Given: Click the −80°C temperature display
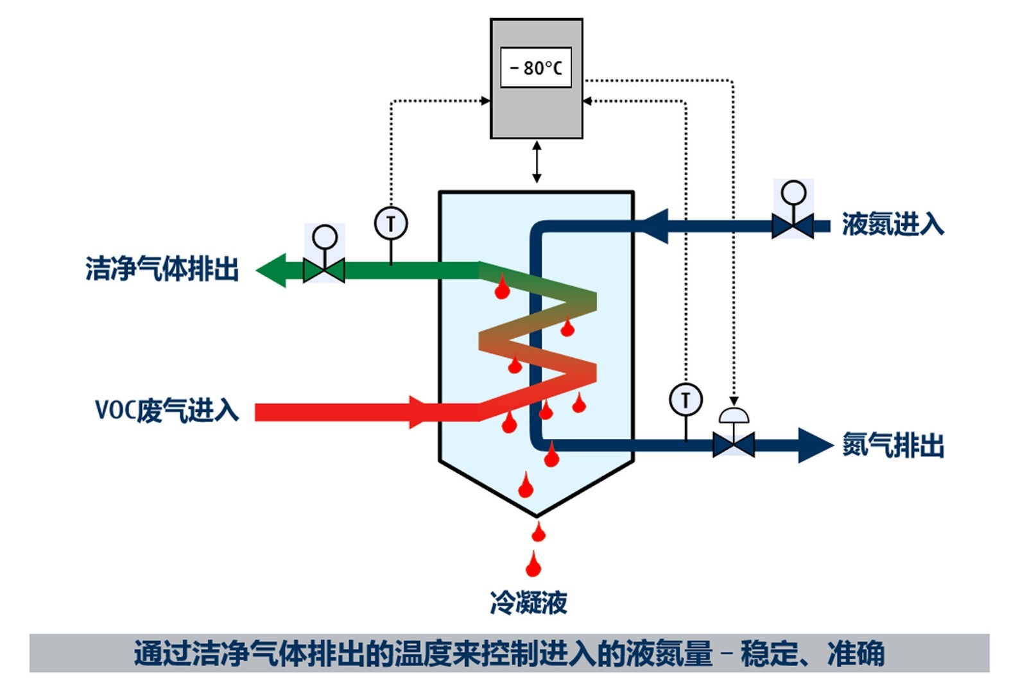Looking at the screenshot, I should click(x=535, y=67).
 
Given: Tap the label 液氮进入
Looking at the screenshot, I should click(x=892, y=225).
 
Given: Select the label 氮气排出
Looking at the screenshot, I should click(x=892, y=445).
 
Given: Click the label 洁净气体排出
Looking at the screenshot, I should click(x=162, y=269).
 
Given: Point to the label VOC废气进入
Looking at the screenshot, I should click(x=166, y=410).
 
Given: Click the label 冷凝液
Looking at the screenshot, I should click(x=528, y=603).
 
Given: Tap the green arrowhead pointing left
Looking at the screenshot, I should click(x=272, y=270).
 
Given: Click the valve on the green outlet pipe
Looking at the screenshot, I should click(x=324, y=270).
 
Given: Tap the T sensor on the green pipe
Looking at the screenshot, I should click(x=390, y=224).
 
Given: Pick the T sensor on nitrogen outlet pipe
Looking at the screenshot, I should click(x=686, y=400).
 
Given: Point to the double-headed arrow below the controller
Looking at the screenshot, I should click(x=537, y=163).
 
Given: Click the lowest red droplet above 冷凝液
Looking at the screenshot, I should click(x=533, y=565).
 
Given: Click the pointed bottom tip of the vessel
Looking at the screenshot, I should click(x=537, y=515).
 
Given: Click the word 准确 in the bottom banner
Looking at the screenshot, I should click(x=856, y=654).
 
